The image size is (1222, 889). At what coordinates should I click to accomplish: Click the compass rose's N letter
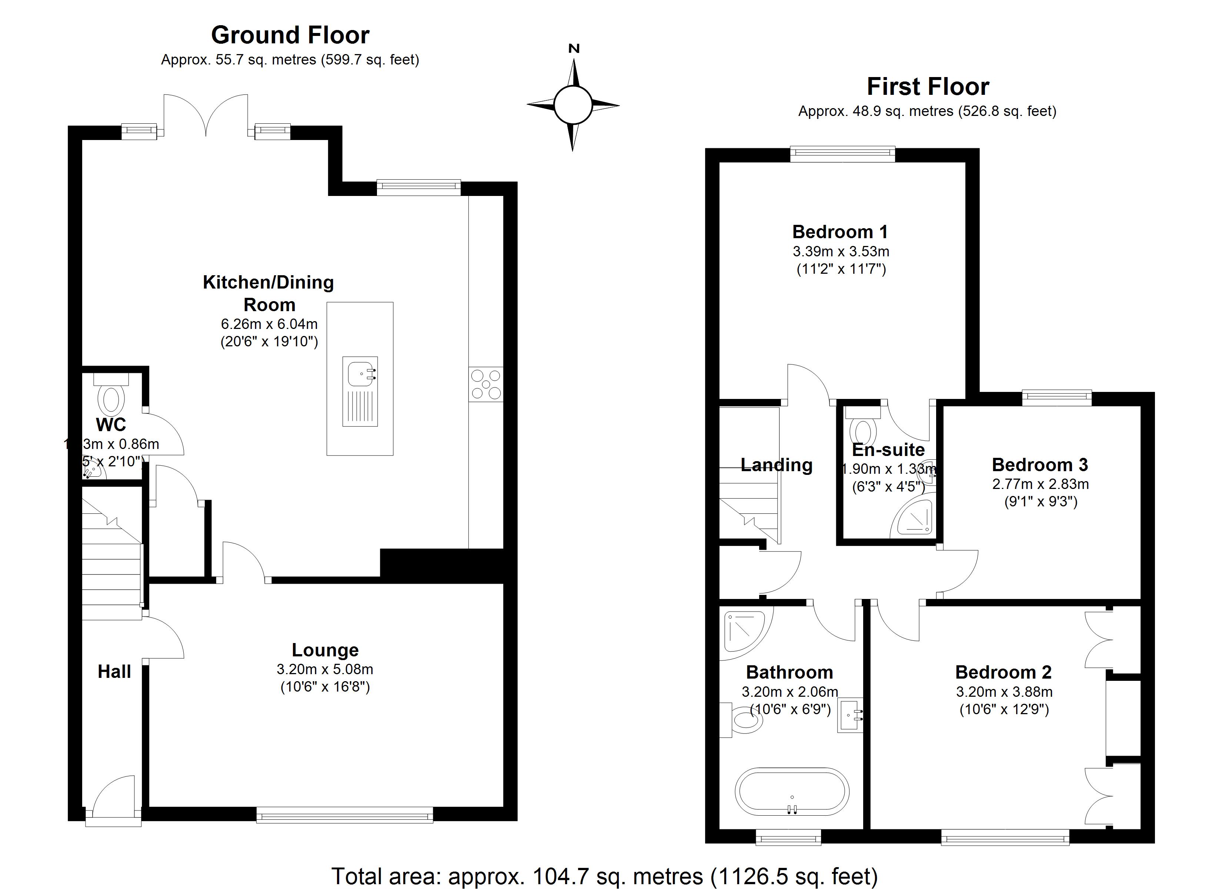point(574,49)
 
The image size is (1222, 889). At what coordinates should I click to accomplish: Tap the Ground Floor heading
point(290,36)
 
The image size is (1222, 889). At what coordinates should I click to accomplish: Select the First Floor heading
point(928,87)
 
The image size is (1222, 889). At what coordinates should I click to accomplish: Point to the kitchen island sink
point(360,372)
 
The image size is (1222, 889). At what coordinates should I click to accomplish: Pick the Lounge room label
point(325,650)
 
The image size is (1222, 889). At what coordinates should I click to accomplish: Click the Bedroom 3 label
point(1040,465)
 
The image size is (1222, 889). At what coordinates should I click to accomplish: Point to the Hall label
point(114,672)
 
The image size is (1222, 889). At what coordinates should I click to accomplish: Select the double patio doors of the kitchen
point(206,116)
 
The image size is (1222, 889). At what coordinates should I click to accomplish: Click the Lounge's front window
point(345,814)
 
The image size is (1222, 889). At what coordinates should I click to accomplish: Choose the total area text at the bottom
point(605,876)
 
